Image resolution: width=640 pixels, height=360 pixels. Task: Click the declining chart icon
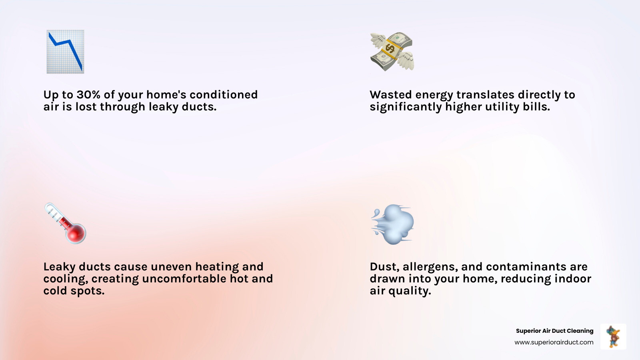[x=65, y=52]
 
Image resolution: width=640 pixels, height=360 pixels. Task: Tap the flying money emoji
[x=392, y=52]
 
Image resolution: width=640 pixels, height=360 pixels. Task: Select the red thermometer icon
[x=65, y=223]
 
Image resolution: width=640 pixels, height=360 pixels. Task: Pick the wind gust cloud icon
[x=392, y=224]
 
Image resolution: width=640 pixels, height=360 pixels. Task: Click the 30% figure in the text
[x=88, y=95]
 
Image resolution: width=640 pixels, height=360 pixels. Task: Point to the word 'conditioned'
[x=223, y=95]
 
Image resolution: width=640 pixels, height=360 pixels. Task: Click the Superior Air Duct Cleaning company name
[x=554, y=331]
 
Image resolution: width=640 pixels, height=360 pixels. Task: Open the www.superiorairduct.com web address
[x=554, y=342]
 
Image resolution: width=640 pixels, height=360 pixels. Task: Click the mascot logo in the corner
[x=613, y=336]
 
